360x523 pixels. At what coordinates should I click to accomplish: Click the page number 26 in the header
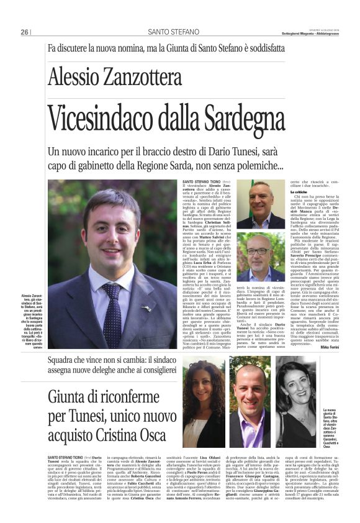click(25, 32)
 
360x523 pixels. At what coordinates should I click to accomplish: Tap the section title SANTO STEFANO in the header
click(170, 32)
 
